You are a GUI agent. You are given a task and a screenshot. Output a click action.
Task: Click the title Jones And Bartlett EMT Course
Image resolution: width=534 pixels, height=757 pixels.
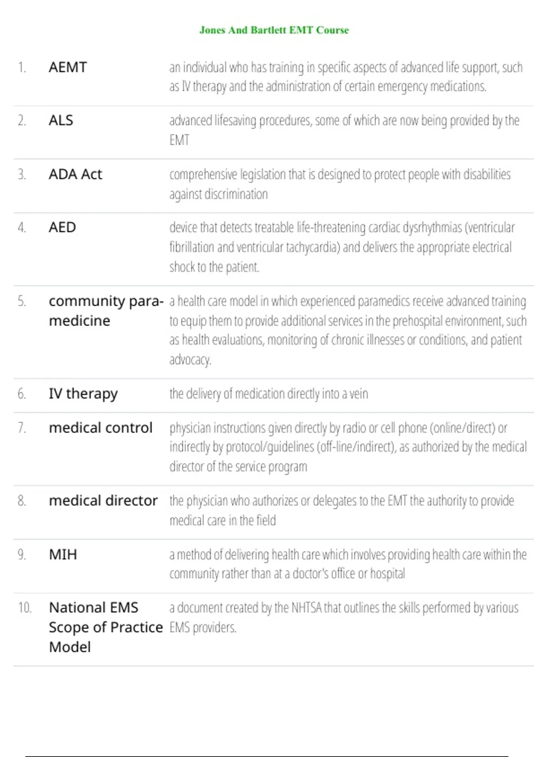[274, 30]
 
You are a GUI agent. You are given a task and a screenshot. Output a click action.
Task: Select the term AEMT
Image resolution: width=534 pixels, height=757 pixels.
[68, 67]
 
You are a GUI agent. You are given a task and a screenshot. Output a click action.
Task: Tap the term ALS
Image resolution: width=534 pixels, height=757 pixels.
[61, 120]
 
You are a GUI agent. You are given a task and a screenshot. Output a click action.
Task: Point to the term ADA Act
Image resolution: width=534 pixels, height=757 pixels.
[75, 174]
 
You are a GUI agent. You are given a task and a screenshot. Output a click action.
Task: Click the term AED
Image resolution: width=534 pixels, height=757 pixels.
[62, 228]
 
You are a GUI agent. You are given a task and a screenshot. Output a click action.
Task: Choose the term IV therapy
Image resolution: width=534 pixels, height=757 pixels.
[83, 394]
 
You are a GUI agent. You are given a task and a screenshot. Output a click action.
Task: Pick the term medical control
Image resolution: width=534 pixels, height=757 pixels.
[101, 428]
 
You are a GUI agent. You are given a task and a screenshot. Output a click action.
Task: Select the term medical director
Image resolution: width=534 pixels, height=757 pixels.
[103, 501]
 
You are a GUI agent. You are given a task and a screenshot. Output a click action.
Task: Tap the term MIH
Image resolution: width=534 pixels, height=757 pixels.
[63, 554]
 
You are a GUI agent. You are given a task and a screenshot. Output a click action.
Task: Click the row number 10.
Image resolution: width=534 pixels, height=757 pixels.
[24, 608]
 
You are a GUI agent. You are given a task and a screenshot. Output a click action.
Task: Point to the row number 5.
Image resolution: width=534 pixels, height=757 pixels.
[22, 301]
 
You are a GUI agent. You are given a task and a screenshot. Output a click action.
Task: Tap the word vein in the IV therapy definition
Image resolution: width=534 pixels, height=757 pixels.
[359, 394]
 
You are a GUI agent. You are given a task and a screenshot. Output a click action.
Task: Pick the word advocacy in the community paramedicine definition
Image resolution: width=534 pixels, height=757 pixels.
[190, 359]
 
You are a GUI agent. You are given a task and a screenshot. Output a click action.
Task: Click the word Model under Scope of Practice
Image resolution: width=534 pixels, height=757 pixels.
[70, 647]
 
